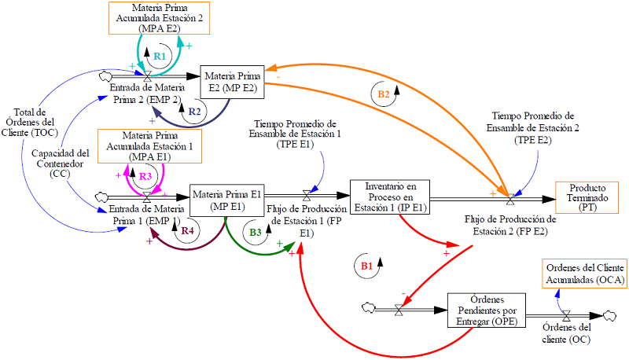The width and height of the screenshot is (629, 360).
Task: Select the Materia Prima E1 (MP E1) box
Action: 225,200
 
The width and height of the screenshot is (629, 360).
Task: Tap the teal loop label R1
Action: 160,57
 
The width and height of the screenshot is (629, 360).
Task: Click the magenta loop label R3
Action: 146,176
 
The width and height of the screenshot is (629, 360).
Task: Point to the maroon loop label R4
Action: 187,231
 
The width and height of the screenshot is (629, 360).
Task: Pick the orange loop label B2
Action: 384,94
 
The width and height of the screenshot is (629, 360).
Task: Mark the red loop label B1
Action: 366,266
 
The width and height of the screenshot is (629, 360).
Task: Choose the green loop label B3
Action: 256,232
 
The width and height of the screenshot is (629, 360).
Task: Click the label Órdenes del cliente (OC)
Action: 567,334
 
